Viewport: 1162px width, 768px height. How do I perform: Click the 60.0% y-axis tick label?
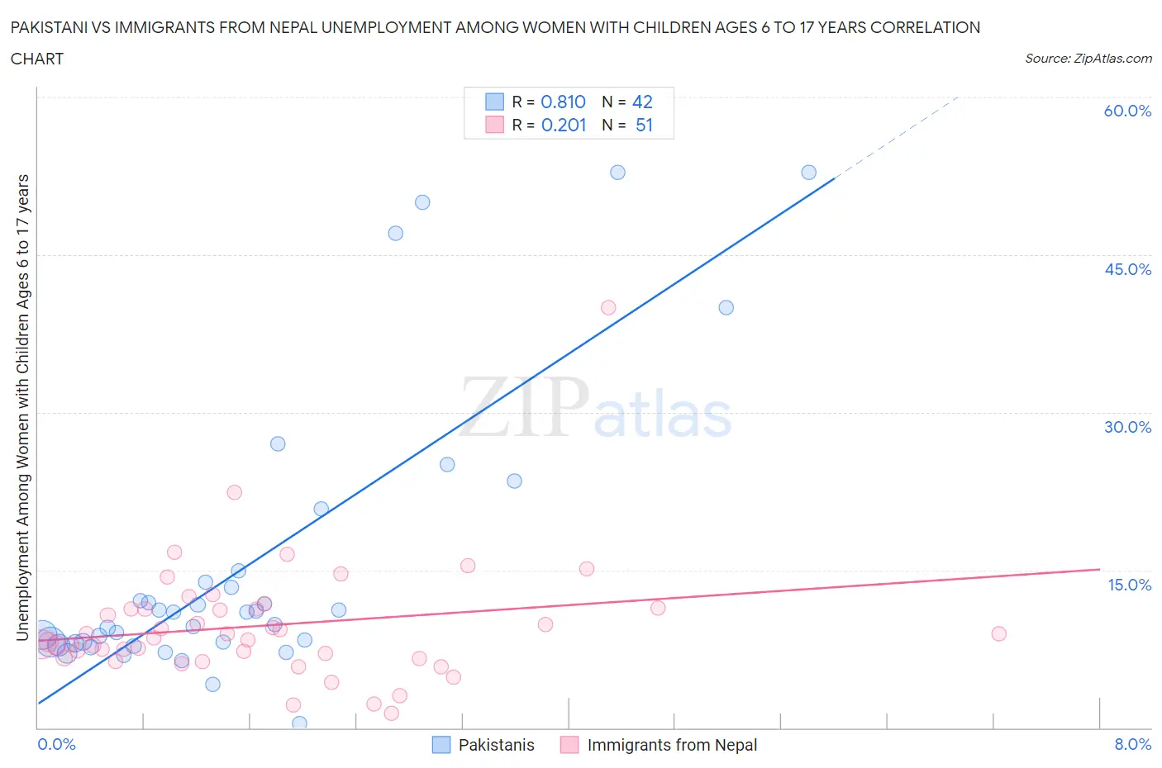coord(1127,111)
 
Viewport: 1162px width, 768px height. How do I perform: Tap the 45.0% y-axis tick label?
coord(1127,269)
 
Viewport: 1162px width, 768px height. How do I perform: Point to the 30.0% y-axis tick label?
coord(1127,427)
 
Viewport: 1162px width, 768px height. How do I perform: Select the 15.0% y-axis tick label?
coord(1129,585)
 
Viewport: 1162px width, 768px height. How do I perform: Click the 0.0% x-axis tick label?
coord(56,744)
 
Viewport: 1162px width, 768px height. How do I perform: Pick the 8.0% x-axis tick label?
coord(1132,744)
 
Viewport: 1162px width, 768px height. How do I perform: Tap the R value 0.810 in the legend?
coord(563,102)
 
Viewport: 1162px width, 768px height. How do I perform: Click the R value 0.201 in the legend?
coord(564,125)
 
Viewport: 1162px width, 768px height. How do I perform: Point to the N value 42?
coord(642,102)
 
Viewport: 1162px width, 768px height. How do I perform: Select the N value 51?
coord(644,125)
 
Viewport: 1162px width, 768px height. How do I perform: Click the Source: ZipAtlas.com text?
coord(1088,59)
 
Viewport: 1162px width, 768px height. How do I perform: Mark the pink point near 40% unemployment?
coord(608,307)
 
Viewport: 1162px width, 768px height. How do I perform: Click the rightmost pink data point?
coord(998,633)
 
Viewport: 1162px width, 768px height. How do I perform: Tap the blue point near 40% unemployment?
coord(726,307)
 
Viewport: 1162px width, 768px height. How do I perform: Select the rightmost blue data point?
coord(808,172)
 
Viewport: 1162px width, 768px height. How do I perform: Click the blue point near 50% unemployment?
coord(422,202)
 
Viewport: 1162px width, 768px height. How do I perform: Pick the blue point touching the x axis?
coord(299,723)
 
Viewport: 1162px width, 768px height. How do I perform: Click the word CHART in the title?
coord(37,59)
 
